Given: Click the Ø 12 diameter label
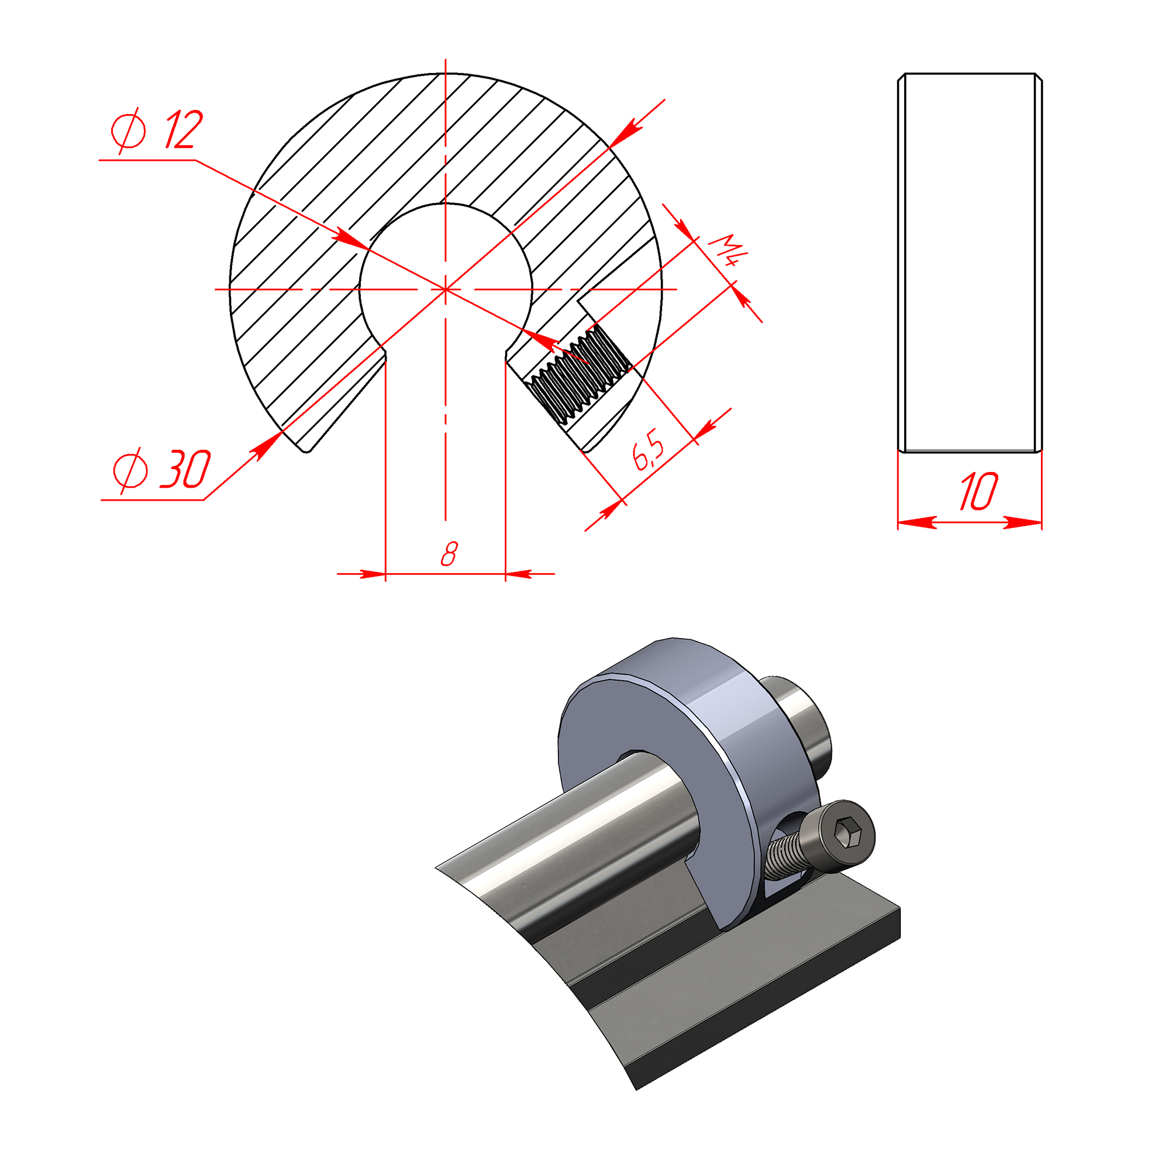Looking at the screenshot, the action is pyautogui.click(x=157, y=130).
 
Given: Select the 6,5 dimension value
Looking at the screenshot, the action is pyautogui.click(x=649, y=450).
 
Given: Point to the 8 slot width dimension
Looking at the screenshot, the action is pyautogui.click(x=449, y=554).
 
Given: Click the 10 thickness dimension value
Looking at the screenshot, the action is pyautogui.click(x=978, y=491).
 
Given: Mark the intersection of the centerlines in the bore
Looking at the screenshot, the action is pyautogui.click(x=445, y=289).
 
